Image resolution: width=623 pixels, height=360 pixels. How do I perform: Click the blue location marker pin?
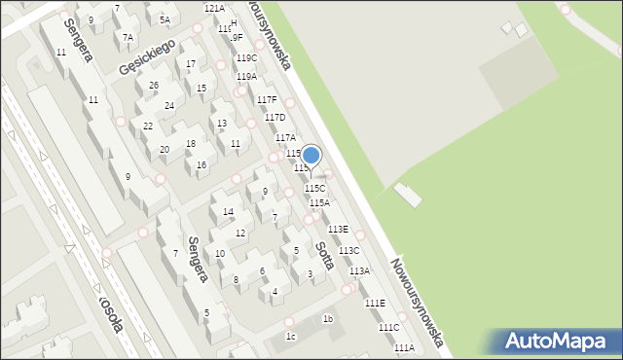[311, 156]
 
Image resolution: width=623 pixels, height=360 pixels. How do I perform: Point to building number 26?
[153, 86]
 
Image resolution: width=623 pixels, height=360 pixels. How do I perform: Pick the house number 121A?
[214, 8]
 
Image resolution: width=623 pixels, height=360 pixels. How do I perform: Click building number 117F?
[267, 100]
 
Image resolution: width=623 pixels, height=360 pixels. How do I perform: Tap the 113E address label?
[338, 229]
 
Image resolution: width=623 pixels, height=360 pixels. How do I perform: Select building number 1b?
[328, 319]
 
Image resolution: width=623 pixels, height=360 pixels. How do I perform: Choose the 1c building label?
[290, 337]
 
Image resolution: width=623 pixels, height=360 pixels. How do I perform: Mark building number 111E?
[375, 304]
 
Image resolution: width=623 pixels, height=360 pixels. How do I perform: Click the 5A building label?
[165, 19]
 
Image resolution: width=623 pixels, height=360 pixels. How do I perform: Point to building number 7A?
[127, 37]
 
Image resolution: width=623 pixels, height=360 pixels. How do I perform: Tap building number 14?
[228, 211]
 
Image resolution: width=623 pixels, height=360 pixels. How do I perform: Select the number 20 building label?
[165, 149]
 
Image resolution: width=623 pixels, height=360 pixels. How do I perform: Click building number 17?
[191, 64]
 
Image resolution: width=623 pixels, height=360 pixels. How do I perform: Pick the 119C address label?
[247, 58]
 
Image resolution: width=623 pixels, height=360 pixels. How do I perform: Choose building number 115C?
[315, 188]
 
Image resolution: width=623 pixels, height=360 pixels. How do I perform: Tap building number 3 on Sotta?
[310, 274]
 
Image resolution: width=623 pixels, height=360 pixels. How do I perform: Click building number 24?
[169, 105]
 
